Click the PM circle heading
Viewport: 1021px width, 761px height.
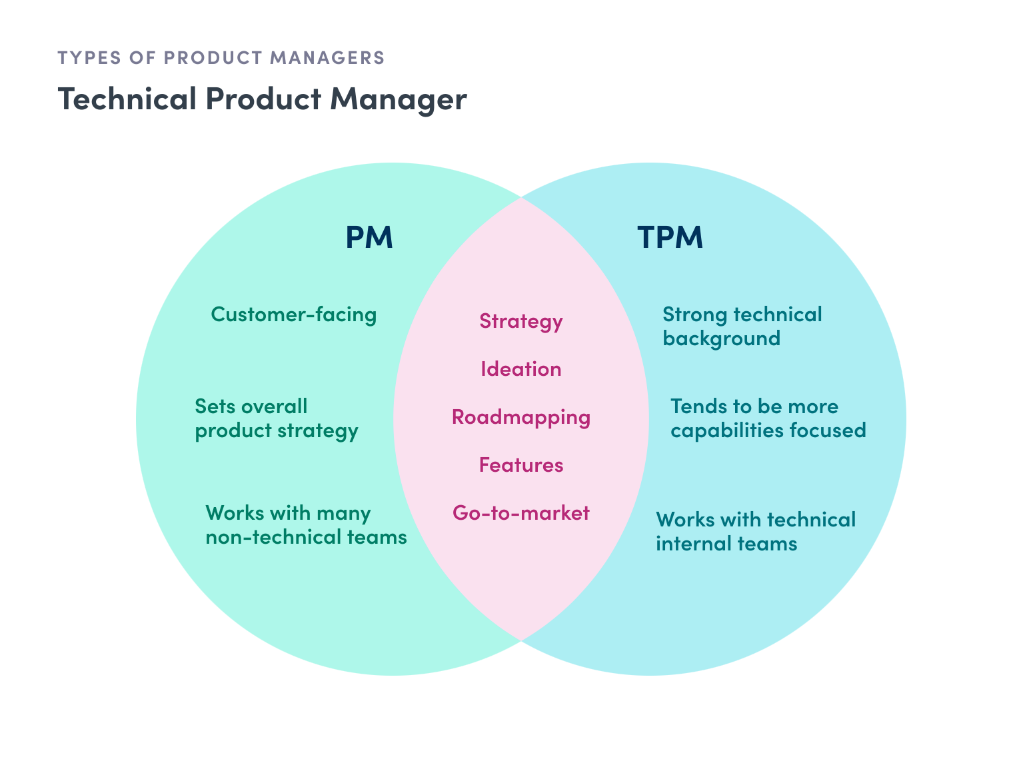(369, 237)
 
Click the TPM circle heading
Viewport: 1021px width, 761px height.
(670, 237)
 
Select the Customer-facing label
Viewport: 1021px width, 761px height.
(294, 315)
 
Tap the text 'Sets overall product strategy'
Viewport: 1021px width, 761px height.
(276, 418)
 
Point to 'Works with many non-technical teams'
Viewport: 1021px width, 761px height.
(306, 525)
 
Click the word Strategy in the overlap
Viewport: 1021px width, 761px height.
(521, 322)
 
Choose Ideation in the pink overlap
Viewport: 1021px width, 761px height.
(521, 369)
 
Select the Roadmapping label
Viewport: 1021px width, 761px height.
(521, 417)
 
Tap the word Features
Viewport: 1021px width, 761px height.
(521, 465)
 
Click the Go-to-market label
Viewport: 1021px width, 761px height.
(521, 513)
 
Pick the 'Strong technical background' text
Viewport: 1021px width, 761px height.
(742, 327)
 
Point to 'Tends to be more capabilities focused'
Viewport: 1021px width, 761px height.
(768, 418)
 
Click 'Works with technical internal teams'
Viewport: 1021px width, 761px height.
(755, 532)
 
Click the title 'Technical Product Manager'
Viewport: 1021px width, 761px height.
(262, 100)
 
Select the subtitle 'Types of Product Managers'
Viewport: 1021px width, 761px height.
(221, 58)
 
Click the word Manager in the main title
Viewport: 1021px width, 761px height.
(399, 100)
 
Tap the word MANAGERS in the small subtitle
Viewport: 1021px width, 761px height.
(327, 58)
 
